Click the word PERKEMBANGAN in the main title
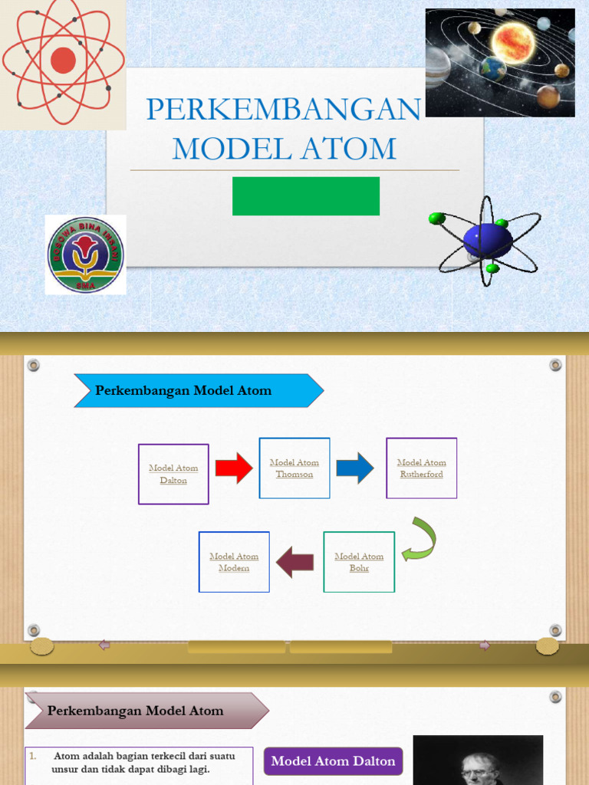tap(283, 110)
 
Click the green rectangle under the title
tap(306, 196)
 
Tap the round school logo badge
tap(85, 255)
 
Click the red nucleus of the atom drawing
tap(63, 60)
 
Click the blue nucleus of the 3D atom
tap(488, 241)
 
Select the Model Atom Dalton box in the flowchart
tap(173, 474)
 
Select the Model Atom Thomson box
tap(294, 468)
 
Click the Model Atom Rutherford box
tap(421, 468)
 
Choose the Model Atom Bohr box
tap(359, 562)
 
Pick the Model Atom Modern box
tap(234, 562)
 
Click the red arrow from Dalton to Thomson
tap(234, 468)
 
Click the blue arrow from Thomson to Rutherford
tap(355, 468)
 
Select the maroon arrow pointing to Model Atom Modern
tap(295, 562)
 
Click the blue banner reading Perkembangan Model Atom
tap(198, 391)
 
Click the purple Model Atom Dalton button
tap(333, 761)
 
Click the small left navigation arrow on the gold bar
tap(104, 645)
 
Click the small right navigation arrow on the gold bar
tap(485, 645)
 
